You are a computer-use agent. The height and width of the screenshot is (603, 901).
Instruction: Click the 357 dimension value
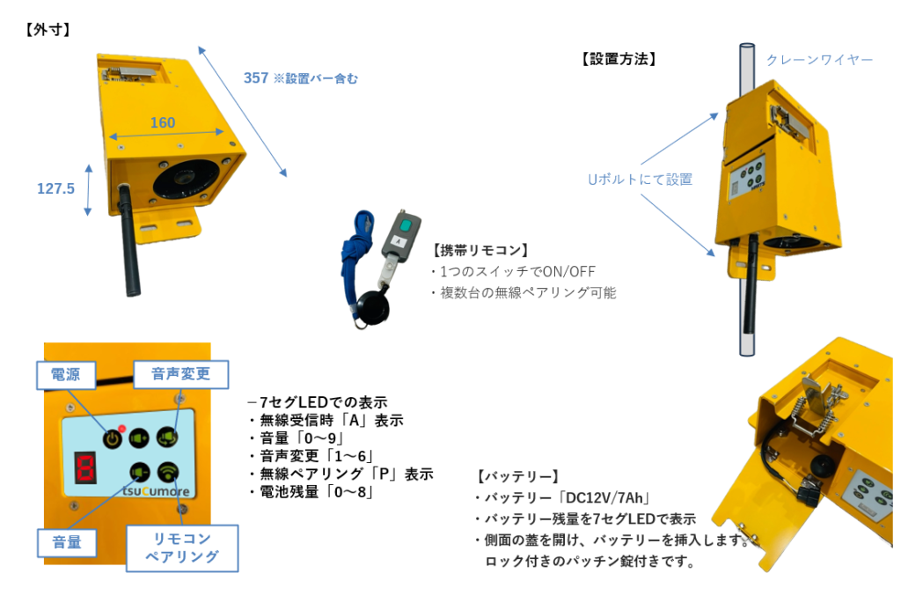(256, 77)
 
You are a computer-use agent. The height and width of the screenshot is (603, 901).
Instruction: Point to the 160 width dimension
(163, 122)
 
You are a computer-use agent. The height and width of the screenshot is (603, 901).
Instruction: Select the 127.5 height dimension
(55, 188)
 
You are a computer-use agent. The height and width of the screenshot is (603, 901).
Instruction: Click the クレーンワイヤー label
(819, 59)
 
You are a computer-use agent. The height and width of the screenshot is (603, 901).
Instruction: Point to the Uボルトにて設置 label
(640, 179)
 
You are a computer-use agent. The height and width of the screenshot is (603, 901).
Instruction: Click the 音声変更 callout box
(180, 373)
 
